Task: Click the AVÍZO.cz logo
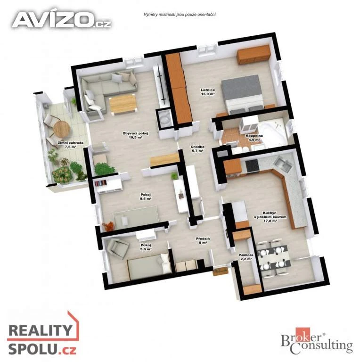coord(61,20)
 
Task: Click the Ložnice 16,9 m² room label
coord(208,92)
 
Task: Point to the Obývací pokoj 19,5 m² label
coord(135,135)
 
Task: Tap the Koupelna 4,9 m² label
coord(253,138)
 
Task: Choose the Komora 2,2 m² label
coord(246,257)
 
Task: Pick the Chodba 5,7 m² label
coord(197,148)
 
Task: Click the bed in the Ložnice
coord(242,94)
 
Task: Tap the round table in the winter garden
coord(62,129)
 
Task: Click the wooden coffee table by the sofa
coord(123,104)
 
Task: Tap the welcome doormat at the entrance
coord(221,271)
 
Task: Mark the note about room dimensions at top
coord(180,15)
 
